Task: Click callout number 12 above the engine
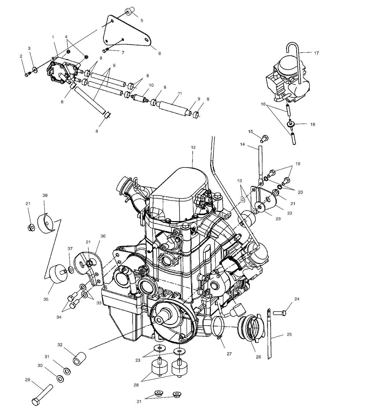click(x=193, y=147)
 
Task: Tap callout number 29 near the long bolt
click(x=27, y=380)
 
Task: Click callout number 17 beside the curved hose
click(x=316, y=53)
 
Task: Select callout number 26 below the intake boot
click(x=258, y=357)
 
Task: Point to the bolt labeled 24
click(x=280, y=312)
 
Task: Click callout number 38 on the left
click(x=45, y=195)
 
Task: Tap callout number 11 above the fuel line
click(x=180, y=93)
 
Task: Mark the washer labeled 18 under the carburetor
click(x=291, y=124)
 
